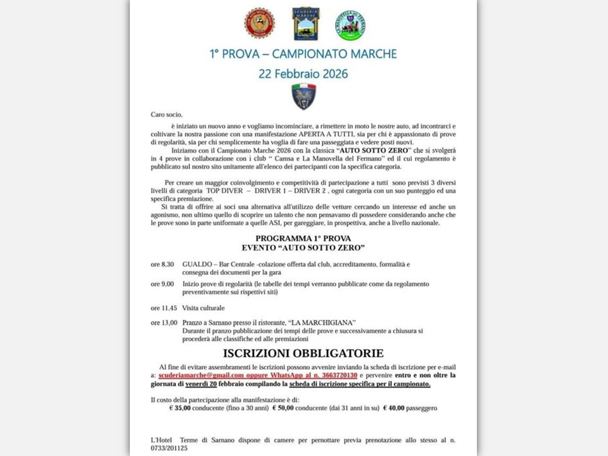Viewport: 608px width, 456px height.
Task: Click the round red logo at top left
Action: [x=259, y=23]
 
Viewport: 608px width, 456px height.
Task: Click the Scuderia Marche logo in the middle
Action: [x=305, y=23]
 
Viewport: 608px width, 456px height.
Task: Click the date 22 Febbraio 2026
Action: [x=303, y=73]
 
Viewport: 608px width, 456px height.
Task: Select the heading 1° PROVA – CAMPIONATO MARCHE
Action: [x=303, y=54]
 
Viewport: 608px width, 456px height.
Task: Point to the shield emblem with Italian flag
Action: [x=303, y=96]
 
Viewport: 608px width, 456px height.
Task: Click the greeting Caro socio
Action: [x=166, y=115]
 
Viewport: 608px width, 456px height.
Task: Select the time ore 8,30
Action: [x=162, y=264]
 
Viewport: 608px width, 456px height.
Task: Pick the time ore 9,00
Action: [x=162, y=284]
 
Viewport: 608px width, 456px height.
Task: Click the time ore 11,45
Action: [x=164, y=308]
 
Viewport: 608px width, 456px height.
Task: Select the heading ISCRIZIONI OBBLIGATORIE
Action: [x=303, y=353]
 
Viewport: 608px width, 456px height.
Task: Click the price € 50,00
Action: [x=284, y=408]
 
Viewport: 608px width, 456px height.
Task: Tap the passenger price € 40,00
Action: [x=395, y=408]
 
